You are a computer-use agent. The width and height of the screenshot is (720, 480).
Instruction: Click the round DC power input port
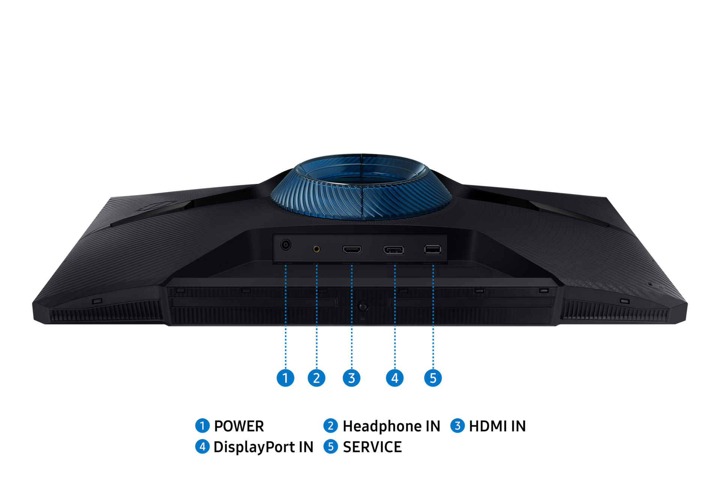[x=286, y=245]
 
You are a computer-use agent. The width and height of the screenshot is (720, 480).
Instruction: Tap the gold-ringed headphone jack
[x=316, y=249]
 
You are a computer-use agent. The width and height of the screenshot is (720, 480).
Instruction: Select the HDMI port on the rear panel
[x=352, y=249]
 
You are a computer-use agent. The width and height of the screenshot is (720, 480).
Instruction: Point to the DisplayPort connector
[x=393, y=250]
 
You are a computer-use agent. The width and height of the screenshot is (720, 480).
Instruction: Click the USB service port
[x=432, y=249]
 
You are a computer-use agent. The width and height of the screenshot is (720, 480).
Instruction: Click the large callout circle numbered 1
[x=285, y=378]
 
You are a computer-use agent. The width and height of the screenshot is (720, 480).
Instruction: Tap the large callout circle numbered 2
[x=316, y=378]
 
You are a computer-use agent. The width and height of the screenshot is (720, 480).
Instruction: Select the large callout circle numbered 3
[x=351, y=378]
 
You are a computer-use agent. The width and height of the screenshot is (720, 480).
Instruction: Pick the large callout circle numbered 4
[x=394, y=378]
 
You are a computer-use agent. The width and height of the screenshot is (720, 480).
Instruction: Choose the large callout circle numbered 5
[x=433, y=378]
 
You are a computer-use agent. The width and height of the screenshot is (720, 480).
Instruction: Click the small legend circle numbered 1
[x=202, y=426]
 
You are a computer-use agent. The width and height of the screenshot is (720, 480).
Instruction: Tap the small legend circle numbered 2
[x=330, y=426]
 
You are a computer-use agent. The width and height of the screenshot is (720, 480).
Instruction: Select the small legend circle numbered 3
[x=457, y=426]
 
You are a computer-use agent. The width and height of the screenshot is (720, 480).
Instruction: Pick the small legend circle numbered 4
[x=202, y=446]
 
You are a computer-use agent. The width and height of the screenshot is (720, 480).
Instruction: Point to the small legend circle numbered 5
[x=330, y=446]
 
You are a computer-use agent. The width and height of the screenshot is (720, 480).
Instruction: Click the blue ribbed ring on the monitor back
[x=361, y=199]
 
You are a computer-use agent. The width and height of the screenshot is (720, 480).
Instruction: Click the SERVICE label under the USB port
[x=432, y=264]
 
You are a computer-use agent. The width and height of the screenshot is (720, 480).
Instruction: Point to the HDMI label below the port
[x=351, y=264]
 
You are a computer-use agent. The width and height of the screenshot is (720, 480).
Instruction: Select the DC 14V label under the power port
[x=285, y=264]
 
